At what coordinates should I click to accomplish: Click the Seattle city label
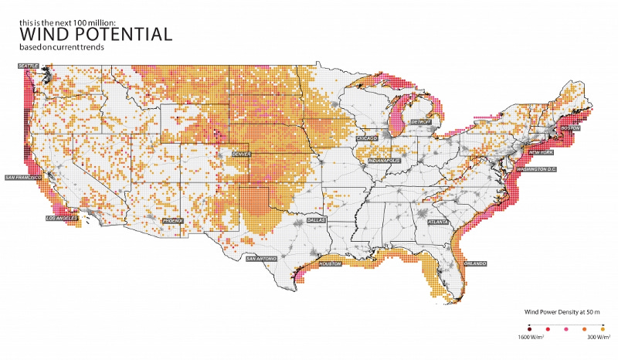tap(30, 66)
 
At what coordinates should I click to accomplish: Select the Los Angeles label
tap(62, 219)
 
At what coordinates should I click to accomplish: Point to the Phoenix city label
tap(174, 221)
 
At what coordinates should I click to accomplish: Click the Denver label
tap(241, 154)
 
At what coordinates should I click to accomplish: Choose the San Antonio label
tap(259, 259)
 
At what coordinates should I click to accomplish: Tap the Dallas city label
tap(316, 220)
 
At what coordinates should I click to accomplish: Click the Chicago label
tap(367, 138)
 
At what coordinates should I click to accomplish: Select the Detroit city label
tap(420, 122)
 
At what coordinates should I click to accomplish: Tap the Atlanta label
tap(437, 221)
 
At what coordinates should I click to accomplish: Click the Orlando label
tap(475, 263)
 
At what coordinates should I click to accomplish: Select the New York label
tap(540, 153)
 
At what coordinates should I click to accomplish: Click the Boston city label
tap(570, 127)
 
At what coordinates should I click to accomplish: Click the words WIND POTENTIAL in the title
tap(95, 35)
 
